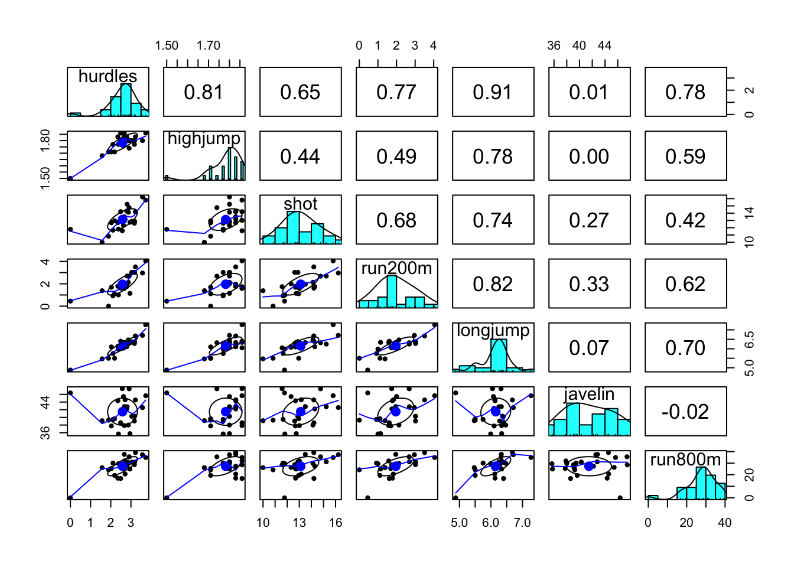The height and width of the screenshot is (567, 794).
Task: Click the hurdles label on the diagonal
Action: pos(108,77)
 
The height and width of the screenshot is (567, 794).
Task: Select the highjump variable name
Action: pos(204,139)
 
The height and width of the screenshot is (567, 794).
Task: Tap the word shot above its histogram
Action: pos(300,204)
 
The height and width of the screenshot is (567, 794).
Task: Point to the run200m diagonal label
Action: pos(396,268)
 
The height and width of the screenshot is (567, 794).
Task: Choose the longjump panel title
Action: pos(493,331)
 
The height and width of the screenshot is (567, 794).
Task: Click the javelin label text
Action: pos(589,394)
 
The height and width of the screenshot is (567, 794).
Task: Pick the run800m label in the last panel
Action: pos(685,460)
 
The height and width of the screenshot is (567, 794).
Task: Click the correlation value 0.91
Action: pos(493,92)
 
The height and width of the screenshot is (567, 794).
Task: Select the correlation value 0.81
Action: pos(204,92)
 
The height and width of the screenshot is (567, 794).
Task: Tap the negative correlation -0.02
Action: pos(685,412)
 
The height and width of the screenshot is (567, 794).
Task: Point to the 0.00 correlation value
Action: pos(589,157)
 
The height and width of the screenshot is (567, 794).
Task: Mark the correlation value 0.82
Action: pos(493,284)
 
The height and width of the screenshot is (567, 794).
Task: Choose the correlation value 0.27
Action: pos(589,220)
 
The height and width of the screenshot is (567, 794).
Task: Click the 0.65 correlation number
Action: pos(300,92)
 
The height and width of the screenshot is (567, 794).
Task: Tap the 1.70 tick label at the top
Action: pos(208,45)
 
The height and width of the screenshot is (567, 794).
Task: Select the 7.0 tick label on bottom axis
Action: pos(522,523)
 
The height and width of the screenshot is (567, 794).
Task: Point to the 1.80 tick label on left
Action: pos(45,141)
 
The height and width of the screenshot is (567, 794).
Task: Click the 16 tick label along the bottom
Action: pos(336,523)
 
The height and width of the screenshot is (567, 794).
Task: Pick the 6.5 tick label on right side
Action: pos(750,340)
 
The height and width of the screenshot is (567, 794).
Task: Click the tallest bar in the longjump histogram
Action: pos(499,354)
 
